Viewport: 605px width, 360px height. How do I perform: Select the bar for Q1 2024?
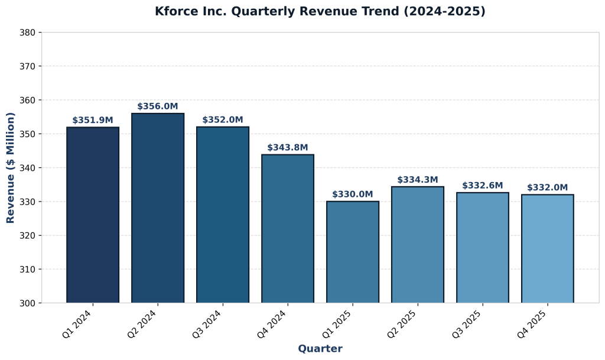coord(93,215)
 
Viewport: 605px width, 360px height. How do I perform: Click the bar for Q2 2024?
coord(158,208)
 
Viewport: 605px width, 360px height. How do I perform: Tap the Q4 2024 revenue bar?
coord(288,229)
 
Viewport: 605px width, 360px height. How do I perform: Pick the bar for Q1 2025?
coord(353,252)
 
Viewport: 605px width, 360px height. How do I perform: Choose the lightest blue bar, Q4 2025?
coord(547,249)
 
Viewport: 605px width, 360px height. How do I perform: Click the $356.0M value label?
coord(158,106)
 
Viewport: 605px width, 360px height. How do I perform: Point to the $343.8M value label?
coord(288,148)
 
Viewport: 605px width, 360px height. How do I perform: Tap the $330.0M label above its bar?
coord(353,194)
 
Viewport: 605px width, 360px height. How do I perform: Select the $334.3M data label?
coord(418,180)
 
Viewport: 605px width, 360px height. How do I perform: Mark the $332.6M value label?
coord(483,186)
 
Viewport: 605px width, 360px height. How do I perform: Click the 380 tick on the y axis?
coord(28,33)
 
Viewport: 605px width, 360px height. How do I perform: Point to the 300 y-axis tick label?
coord(28,303)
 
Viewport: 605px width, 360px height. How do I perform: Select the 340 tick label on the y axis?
coord(28,168)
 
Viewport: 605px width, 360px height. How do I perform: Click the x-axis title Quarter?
coord(320,349)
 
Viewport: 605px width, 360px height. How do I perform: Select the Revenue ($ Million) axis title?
coord(11,167)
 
